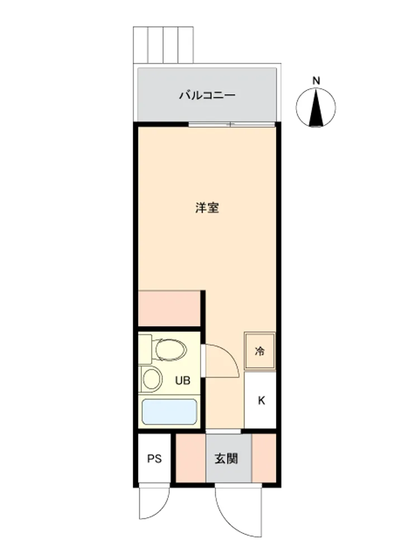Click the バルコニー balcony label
pos(207,95)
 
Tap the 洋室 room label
pos(207,208)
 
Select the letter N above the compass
pos(316,81)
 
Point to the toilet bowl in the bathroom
pos(171,349)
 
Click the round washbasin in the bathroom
pos(152,379)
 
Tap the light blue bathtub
pos(169,412)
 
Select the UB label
pos(183,381)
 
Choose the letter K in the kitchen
pos(261,401)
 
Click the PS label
pos(154,459)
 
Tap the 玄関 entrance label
pos(226,459)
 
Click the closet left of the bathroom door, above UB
pos(169,309)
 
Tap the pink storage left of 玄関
pos(191,458)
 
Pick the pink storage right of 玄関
pos(264,458)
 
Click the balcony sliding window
pos(232,124)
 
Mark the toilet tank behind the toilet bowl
pos(145,349)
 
